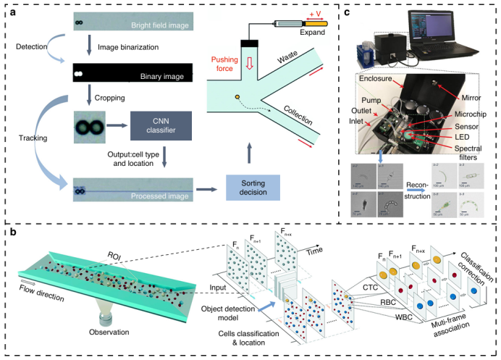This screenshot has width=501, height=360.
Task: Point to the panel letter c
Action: point(349,10)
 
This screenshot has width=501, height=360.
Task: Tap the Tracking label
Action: point(26,132)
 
